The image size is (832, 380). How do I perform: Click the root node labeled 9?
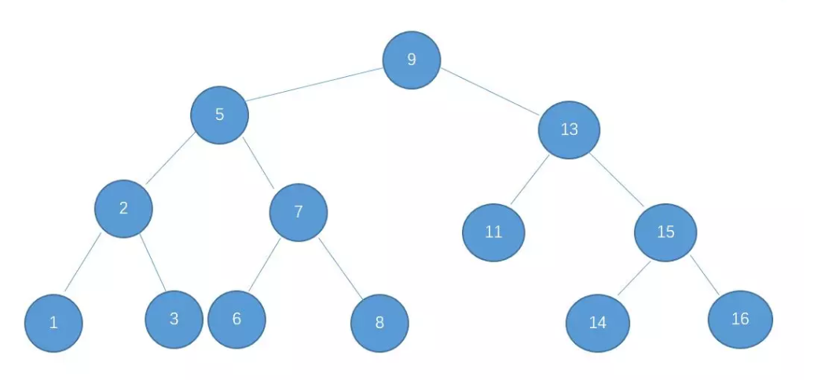coord(412,60)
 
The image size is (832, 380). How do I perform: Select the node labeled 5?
coord(220,115)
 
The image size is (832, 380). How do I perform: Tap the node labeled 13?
coord(570,130)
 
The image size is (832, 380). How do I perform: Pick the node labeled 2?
coord(123,208)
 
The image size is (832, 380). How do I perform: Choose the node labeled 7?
coord(299,212)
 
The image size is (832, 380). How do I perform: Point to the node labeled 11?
coord(493,232)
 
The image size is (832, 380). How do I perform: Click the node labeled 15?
coord(665,232)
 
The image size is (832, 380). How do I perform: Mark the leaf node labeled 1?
coord(53,322)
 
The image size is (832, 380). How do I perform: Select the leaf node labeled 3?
coord(174,319)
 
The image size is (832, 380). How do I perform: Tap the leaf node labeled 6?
coord(236,319)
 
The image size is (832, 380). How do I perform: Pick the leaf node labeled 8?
coord(379,323)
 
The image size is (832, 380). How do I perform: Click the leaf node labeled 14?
coord(598,323)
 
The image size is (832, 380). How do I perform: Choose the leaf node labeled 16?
coord(740,320)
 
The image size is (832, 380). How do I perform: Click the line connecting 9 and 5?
coord(314,86)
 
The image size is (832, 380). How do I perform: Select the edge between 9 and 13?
coord(490,93)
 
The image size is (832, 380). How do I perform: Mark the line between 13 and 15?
coord(618,179)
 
